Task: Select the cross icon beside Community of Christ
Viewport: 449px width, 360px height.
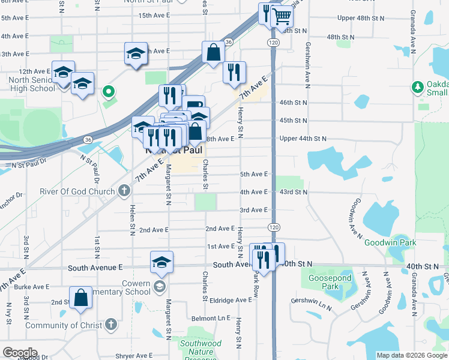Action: (x=110, y=325)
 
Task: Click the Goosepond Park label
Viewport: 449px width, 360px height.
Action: (x=324, y=283)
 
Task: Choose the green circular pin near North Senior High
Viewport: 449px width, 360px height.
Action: (x=108, y=92)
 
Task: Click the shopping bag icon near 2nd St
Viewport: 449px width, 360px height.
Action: (x=80, y=298)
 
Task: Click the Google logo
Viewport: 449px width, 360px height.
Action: (x=19, y=353)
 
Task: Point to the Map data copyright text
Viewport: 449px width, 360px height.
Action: (x=411, y=355)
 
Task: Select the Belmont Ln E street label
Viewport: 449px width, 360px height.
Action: (x=211, y=319)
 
